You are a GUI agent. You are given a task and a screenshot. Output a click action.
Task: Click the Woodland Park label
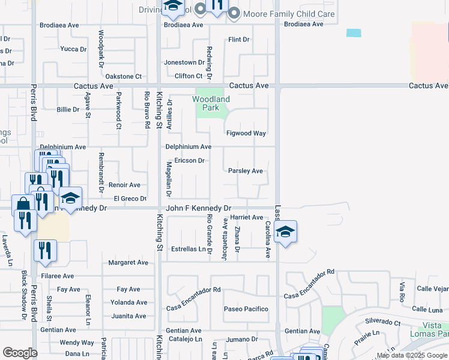tap(211, 103)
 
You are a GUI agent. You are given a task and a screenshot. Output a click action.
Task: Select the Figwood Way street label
tap(246, 133)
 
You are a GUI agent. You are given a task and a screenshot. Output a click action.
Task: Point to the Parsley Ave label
tap(246, 171)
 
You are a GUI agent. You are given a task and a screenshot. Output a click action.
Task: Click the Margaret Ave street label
tap(128, 263)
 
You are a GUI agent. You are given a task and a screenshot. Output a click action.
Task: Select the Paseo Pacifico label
tap(246, 309)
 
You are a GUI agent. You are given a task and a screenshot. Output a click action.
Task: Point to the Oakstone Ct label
tap(123, 77)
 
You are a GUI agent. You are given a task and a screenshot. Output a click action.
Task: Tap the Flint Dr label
tap(238, 40)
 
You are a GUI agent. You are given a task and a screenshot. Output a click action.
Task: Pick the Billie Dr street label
tap(68, 110)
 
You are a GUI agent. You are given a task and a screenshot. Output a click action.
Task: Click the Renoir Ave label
tap(124, 185)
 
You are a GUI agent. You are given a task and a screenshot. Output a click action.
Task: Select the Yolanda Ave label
tap(128, 302)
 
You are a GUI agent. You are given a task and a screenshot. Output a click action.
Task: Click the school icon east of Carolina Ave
tap(286, 232)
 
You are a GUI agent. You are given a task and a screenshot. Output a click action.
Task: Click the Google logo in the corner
tap(20, 353)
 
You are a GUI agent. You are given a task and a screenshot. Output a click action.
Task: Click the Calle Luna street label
tap(428, 310)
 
